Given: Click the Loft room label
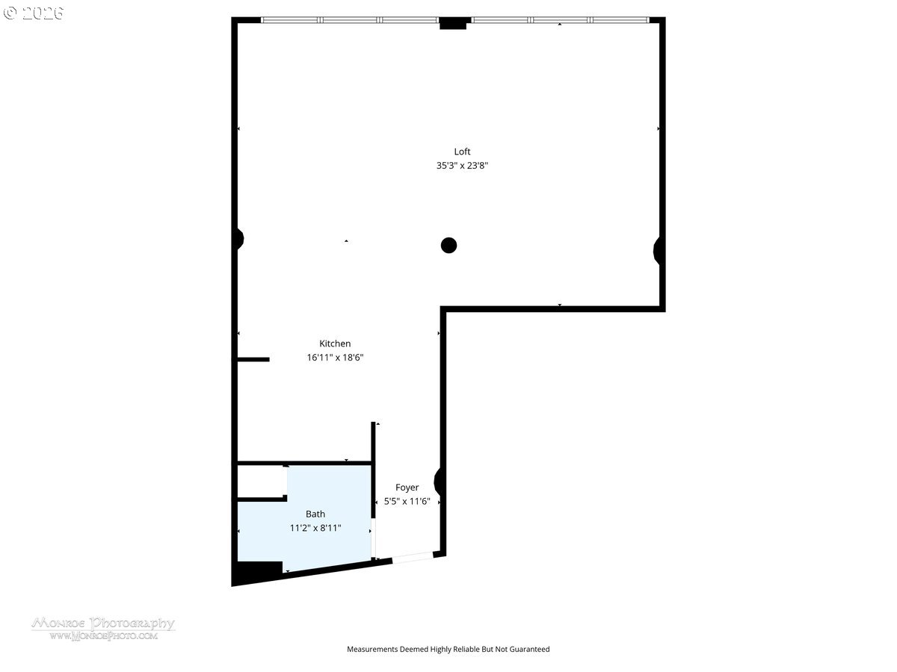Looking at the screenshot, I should (462, 152).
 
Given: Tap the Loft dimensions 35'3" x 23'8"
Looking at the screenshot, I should (462, 166).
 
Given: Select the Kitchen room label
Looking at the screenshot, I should (335, 343).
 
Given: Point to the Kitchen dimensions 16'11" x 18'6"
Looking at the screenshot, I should (335, 358).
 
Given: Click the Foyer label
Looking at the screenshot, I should (407, 488).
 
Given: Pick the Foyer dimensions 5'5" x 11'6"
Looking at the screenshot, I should (407, 502).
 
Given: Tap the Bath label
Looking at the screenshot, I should (315, 514).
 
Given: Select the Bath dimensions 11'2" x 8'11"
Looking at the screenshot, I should (315, 528).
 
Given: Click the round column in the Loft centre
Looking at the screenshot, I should (449, 245).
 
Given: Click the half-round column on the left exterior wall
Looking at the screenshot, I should (238, 239).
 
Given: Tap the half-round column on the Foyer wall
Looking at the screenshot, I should (440, 482).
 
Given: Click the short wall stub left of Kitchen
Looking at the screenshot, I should (253, 360).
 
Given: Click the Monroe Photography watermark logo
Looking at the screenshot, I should (103, 623).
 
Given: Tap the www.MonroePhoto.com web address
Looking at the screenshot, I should (103, 636).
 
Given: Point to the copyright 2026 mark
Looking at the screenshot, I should (34, 13).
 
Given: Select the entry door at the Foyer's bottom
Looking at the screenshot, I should (412, 556).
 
